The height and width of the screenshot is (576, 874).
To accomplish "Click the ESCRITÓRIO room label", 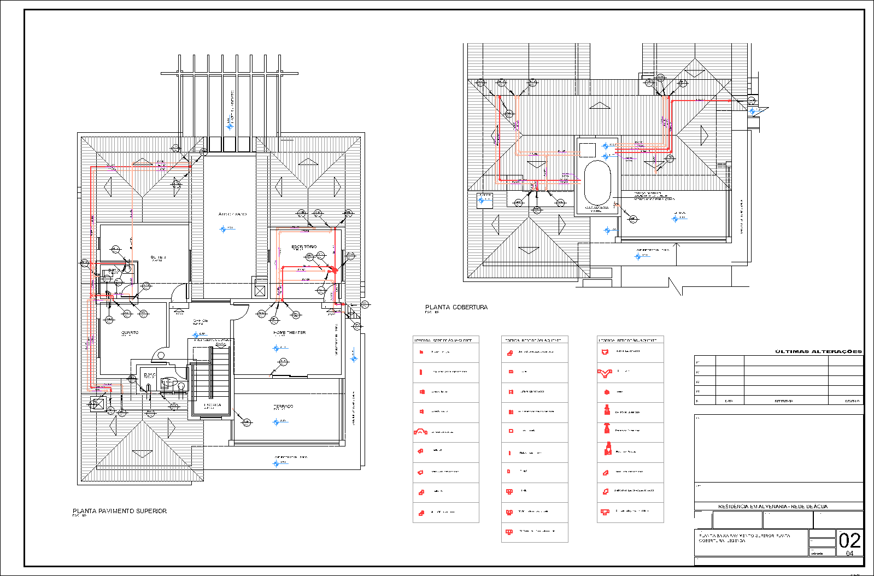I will tap(304, 247).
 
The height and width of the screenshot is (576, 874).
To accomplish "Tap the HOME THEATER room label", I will tap(289, 332).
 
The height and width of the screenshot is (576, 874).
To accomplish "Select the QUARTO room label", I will tap(130, 332).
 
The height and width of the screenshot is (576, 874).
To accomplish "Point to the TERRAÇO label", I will tap(283, 406).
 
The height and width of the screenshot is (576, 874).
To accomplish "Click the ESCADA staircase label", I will tap(213, 405).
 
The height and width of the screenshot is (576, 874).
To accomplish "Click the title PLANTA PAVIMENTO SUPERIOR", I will tap(120, 511).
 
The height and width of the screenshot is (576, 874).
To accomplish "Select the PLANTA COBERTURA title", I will tap(456, 307).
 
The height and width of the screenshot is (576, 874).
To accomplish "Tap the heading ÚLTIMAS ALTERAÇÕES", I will tap(818, 351).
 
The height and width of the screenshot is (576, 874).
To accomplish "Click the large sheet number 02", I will tap(849, 540).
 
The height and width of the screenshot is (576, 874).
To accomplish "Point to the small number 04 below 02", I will tap(849, 554).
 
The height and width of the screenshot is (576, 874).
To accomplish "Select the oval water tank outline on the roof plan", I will tap(597, 183).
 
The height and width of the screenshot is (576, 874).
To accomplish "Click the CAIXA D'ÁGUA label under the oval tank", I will tap(596, 208).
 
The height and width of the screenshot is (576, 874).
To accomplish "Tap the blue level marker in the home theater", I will tap(276, 348).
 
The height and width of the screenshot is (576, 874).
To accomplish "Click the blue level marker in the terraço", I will tap(276, 422).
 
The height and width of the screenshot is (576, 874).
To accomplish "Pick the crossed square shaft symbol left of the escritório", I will tap(260, 291).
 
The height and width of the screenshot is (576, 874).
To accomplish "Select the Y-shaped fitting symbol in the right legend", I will tap(604, 373).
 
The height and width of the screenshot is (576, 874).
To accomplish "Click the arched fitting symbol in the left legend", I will tap(420, 432).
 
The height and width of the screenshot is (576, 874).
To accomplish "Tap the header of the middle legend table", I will tap(535, 340).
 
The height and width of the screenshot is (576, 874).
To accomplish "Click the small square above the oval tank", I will tap(586, 150).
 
